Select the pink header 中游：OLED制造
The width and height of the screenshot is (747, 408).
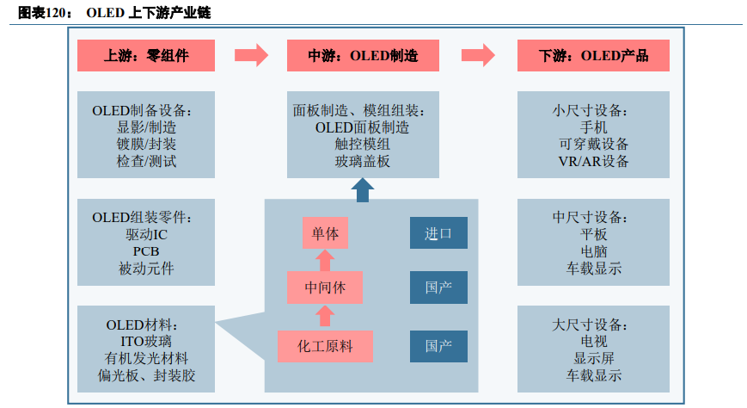coord(363,56)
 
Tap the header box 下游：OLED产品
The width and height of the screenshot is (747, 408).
coord(593,56)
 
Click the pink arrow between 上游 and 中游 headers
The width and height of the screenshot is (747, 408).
coord(251,56)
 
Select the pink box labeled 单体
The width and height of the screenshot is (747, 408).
coord(325,233)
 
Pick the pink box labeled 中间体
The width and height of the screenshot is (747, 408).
coord(325,287)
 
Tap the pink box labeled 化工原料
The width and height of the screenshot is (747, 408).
coord(325,346)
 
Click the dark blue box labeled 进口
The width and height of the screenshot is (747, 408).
coord(438,233)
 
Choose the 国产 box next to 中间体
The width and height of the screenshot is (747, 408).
coord(438,287)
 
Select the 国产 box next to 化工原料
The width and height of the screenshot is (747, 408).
coord(438,346)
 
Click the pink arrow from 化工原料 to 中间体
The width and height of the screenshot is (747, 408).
coord(325,317)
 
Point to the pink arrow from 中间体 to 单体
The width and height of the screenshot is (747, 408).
coord(325,260)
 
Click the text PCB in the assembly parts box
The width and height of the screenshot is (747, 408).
coord(146,251)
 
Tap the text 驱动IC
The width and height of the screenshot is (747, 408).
coord(146,234)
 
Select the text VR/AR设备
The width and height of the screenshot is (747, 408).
coord(593,161)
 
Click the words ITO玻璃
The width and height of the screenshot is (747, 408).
coord(146,342)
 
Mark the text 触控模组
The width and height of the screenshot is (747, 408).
coord(363,144)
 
